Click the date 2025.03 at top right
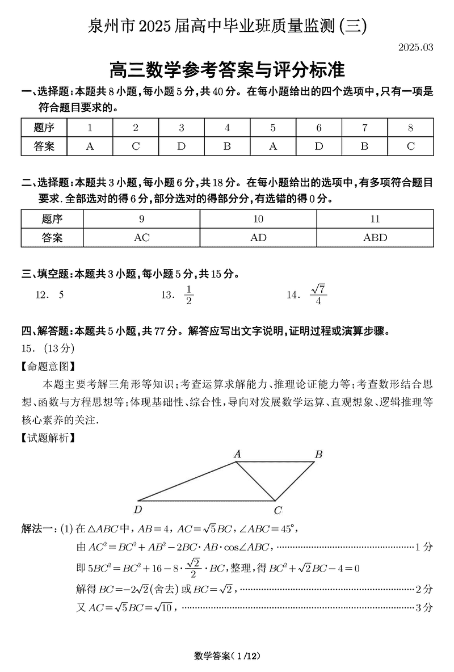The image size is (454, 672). click(415, 48)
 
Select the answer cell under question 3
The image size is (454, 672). click(181, 146)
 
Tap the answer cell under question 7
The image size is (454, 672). click(364, 146)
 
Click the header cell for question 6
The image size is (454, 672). click(319, 128)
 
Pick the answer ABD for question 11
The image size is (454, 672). click(375, 238)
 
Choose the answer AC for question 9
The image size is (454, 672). click(141, 238)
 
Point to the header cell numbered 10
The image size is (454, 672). click(258, 219)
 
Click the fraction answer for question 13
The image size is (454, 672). click(189, 295)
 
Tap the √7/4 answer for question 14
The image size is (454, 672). click(318, 295)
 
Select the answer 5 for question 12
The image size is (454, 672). click(61, 295)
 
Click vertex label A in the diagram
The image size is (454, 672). click(238, 453)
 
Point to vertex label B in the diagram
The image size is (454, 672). click(319, 454)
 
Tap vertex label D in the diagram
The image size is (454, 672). click(138, 509)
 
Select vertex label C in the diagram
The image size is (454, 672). click(278, 510)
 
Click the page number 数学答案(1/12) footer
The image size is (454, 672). click(226, 656)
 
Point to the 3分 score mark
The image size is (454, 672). click(424, 608)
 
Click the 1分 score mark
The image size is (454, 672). click(424, 547)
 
